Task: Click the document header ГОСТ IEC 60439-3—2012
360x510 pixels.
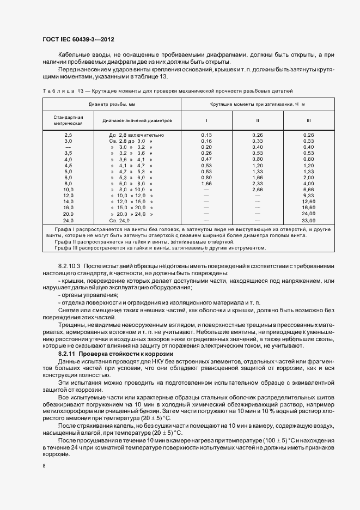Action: click(x=78, y=39)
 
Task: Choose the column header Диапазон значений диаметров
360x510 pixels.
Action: click(x=133, y=120)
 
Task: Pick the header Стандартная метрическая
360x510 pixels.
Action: click(x=68, y=120)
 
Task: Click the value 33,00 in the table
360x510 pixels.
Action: click(x=308, y=220)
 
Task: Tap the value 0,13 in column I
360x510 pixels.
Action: click(x=206, y=135)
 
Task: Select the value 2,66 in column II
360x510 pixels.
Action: click(x=258, y=189)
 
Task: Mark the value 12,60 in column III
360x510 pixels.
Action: click(x=308, y=201)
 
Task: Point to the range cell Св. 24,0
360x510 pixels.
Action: click(x=120, y=220)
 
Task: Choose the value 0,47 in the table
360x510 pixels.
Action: click(x=206, y=159)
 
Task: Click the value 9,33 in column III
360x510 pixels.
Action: click(x=308, y=195)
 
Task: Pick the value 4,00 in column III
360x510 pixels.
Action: click(x=308, y=183)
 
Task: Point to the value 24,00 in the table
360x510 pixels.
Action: click(x=308, y=214)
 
